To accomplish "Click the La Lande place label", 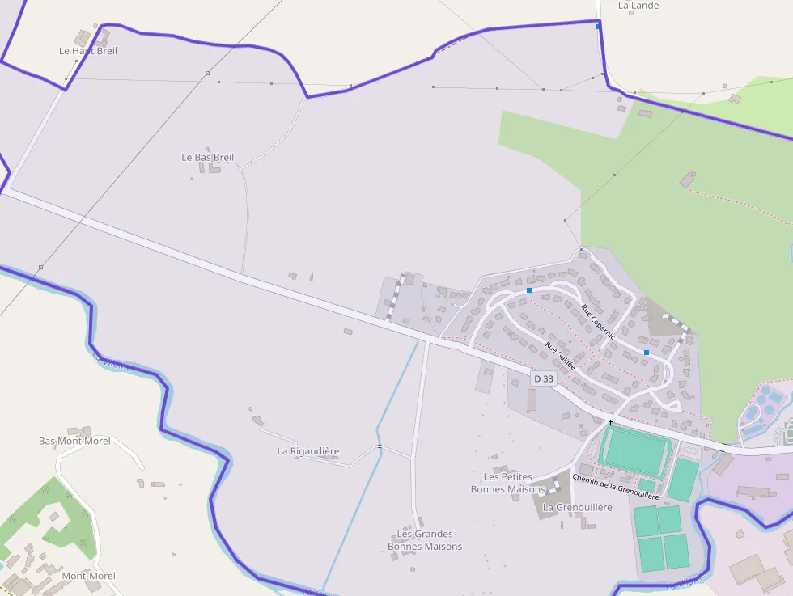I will pyautogui.click(x=638, y=6).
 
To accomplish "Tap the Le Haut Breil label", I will pyautogui.click(x=88, y=51).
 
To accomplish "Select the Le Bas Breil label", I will pyautogui.click(x=208, y=157).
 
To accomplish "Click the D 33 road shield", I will pyautogui.click(x=544, y=378).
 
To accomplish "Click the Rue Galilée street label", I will pyautogui.click(x=560, y=356).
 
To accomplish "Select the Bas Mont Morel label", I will pyautogui.click(x=74, y=442).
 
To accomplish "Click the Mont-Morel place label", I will pyautogui.click(x=89, y=576).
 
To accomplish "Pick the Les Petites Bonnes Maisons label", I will pyautogui.click(x=508, y=483).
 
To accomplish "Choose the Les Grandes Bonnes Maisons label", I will pyautogui.click(x=425, y=540).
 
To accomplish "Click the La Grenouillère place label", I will pyautogui.click(x=578, y=507).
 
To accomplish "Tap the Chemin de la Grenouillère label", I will pyautogui.click(x=616, y=486).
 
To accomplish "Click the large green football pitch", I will pyautogui.click(x=634, y=450).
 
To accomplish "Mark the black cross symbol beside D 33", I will pyautogui.click(x=610, y=422).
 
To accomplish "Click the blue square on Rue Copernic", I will pyautogui.click(x=647, y=353).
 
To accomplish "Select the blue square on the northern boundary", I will pyautogui.click(x=598, y=27).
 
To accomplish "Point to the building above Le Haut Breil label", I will pyautogui.click(x=82, y=36).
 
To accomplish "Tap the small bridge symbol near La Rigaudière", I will pyautogui.click(x=379, y=446).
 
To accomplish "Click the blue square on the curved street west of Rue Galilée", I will pyautogui.click(x=529, y=290).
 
